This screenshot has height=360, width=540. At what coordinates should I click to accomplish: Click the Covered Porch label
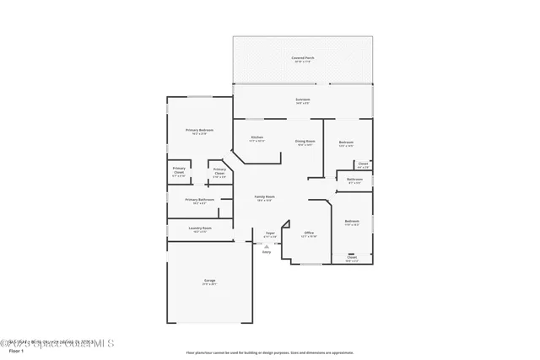point(302,57)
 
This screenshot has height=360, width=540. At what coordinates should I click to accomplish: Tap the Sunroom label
point(302,99)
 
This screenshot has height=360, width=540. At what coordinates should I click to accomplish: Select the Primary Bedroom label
point(199,130)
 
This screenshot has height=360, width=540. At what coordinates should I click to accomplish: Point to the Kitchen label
point(256,137)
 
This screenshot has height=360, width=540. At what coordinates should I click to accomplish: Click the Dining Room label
point(305,141)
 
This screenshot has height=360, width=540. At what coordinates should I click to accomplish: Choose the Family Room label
point(264,196)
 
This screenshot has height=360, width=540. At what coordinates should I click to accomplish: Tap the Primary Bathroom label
point(199,200)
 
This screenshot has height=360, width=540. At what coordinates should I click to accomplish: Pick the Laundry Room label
point(200,228)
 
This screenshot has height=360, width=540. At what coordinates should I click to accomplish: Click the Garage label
point(208,280)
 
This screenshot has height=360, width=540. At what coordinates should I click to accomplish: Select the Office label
point(309,233)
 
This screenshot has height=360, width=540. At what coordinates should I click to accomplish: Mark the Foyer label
point(270,233)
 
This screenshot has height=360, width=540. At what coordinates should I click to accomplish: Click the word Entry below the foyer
point(266,251)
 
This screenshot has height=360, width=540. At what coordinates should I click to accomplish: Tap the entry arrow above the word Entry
point(266,245)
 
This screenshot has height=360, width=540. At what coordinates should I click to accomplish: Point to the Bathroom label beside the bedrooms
point(354,179)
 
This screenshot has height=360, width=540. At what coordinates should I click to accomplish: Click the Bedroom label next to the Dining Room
point(346,142)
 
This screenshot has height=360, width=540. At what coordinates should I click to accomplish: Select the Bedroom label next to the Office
point(352,221)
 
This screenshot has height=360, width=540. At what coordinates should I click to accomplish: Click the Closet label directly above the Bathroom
point(363,164)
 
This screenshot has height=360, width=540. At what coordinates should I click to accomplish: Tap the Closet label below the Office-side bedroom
point(352,257)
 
